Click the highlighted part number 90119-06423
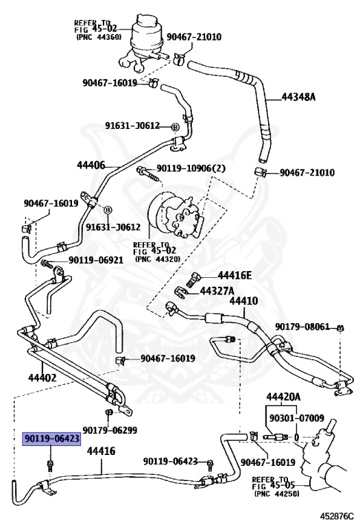(x=51, y=438)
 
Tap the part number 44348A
(x=298, y=97)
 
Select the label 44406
(x=91, y=165)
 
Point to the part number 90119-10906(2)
(x=191, y=168)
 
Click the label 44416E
(x=235, y=276)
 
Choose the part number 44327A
(x=217, y=291)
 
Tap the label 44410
(x=243, y=301)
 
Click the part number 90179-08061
(x=302, y=327)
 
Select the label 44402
(x=43, y=378)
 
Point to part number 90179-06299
(x=110, y=430)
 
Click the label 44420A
(x=283, y=397)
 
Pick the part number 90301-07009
(x=297, y=418)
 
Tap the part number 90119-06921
(x=96, y=260)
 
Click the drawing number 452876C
(x=337, y=516)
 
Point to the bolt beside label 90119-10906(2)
(x=147, y=173)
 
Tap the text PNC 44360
(x=99, y=37)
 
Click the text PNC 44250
(x=277, y=494)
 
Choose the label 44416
(x=101, y=451)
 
